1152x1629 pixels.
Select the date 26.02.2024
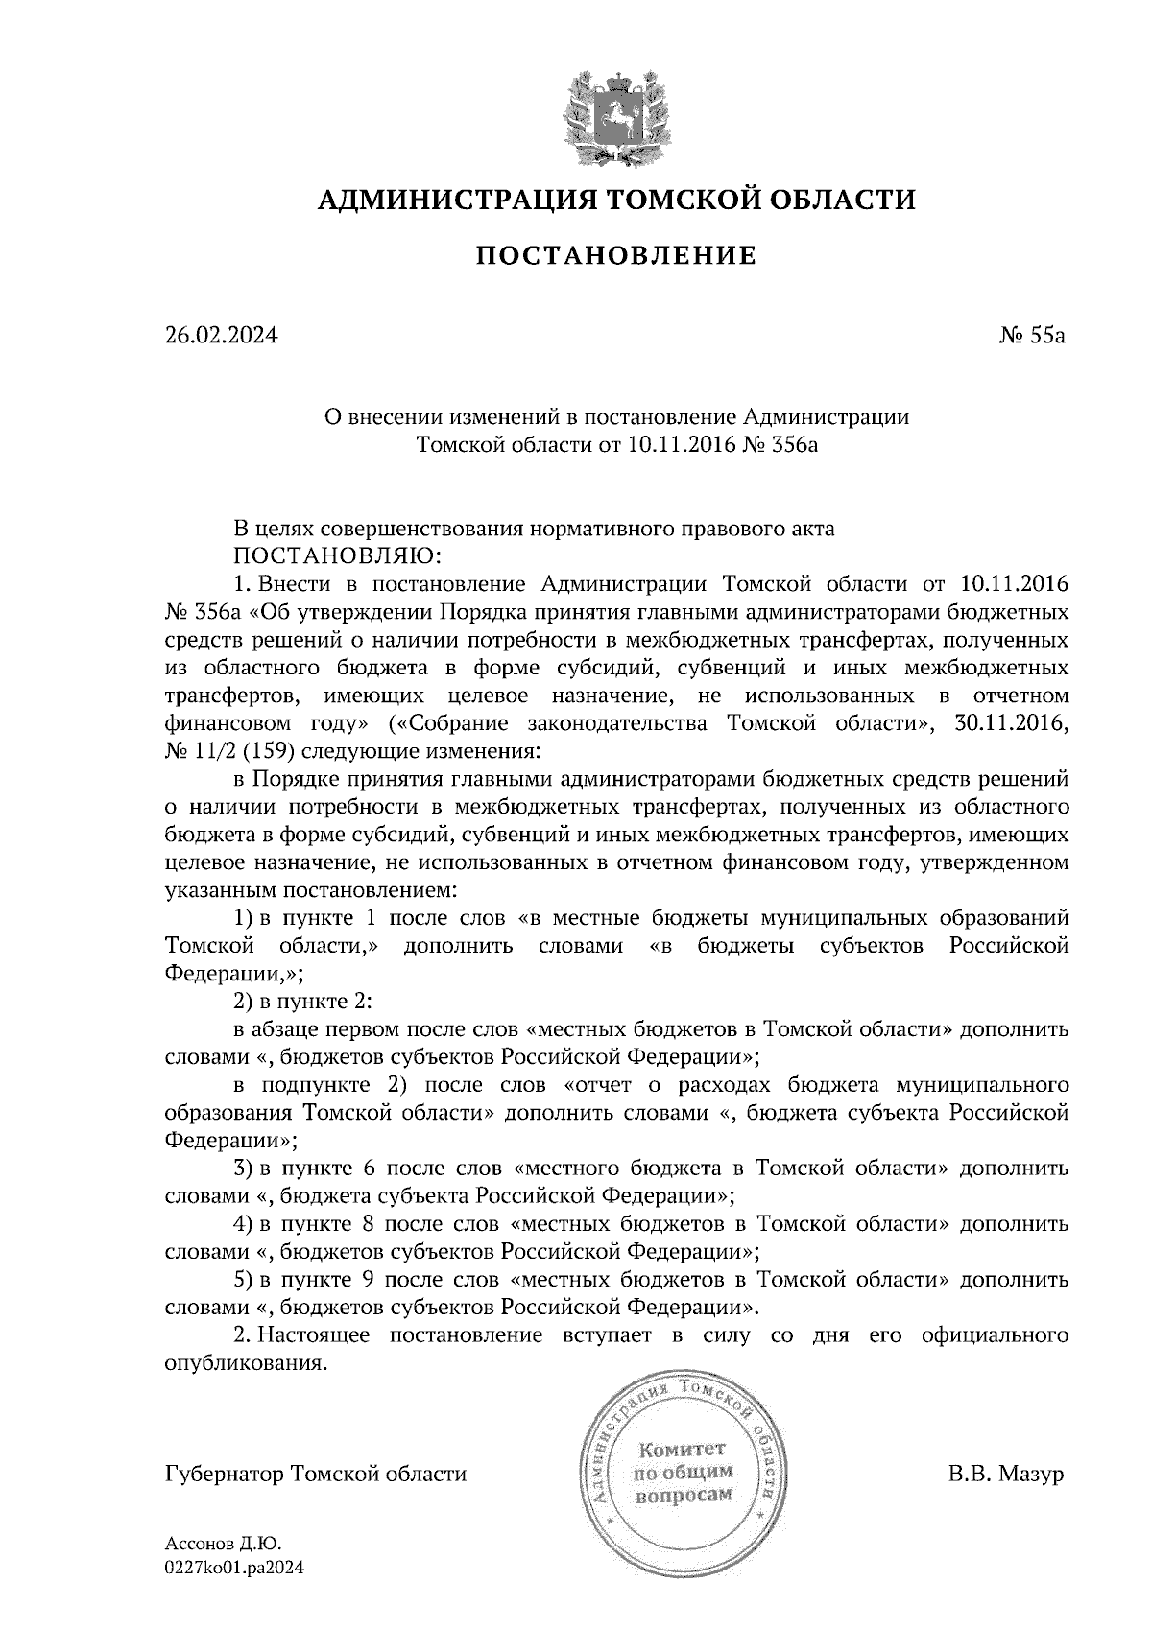coord(221,336)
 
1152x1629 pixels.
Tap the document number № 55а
coord(1030,336)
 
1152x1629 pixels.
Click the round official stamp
coord(683,1472)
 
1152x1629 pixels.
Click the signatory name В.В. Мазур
coord(1006,1473)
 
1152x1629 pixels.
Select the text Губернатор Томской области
coord(316,1473)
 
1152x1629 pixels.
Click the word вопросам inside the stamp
coord(683,1496)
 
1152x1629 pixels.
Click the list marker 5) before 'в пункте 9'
coord(244,1280)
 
